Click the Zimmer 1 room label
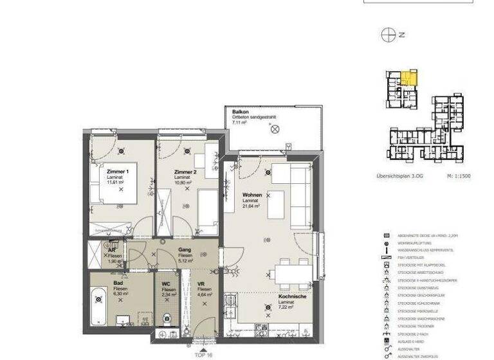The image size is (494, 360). (118, 172)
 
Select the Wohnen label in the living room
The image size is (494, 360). (252, 195)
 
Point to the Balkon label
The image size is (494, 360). (241, 112)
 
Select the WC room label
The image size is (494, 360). (166, 283)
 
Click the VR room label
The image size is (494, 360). (201, 283)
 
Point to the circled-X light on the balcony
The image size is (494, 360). (275, 129)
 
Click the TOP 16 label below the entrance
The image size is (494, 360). (203, 354)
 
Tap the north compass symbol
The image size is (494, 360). (388, 35)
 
